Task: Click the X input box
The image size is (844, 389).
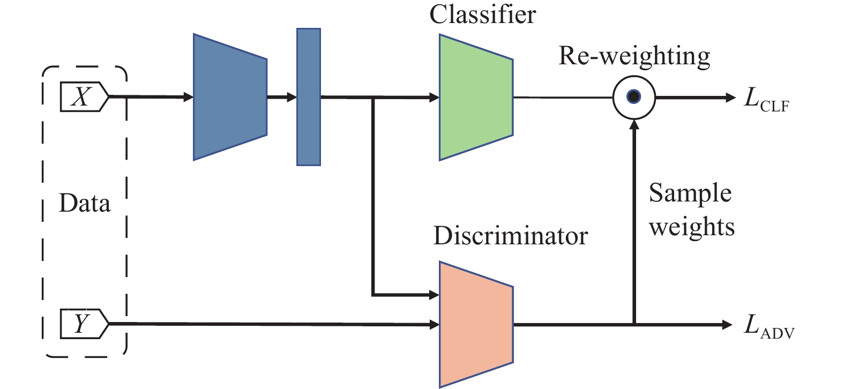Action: click(84, 98)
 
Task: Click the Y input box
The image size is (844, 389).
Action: click(84, 324)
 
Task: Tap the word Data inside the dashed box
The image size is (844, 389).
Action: click(85, 204)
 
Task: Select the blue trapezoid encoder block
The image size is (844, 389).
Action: click(230, 98)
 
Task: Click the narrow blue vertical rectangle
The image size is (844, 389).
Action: click(309, 97)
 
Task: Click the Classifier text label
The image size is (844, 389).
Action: click(482, 14)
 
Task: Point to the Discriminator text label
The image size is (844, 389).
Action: click(510, 236)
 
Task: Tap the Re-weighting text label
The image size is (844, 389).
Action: click(634, 56)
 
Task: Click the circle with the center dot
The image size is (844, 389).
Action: click(634, 98)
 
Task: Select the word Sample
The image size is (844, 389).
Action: click(690, 193)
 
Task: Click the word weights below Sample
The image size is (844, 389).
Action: click(692, 227)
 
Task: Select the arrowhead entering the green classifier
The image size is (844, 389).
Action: click(434, 98)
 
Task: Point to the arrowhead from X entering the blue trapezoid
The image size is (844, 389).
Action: click(188, 98)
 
